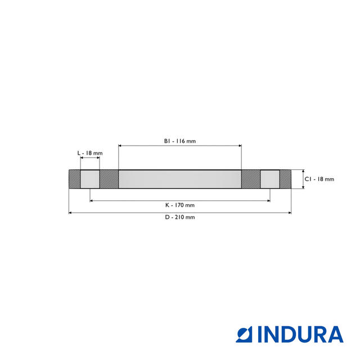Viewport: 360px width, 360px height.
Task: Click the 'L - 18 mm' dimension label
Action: (x=90, y=153)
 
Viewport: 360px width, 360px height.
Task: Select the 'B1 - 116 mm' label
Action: (x=180, y=141)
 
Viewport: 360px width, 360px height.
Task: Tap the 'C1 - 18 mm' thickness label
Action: (x=319, y=179)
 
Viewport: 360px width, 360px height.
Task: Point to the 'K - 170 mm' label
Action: (x=180, y=205)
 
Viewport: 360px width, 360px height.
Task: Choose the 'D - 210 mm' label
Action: (x=180, y=218)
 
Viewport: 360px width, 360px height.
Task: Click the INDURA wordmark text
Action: (x=301, y=334)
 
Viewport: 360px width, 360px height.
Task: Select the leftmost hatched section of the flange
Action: (x=74, y=179)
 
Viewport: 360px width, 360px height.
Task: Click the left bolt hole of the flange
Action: (x=90, y=179)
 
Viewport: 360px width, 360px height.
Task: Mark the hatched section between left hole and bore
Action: (x=109, y=179)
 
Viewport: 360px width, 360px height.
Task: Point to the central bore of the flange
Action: (x=180, y=179)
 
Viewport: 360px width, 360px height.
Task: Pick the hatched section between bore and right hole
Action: (x=251, y=179)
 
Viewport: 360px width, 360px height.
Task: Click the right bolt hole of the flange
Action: (x=269, y=179)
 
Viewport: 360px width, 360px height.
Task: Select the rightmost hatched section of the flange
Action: (x=285, y=179)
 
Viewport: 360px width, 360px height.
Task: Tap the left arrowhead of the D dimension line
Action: (x=70, y=213)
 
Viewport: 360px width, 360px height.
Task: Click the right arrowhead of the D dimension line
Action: (x=289, y=213)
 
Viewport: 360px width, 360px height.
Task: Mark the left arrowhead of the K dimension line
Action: (x=92, y=200)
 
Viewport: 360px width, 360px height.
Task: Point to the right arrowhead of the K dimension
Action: (x=268, y=200)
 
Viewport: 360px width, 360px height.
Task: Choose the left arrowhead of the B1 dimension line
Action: (x=120, y=146)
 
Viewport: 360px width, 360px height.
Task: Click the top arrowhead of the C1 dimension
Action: (x=303, y=172)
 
